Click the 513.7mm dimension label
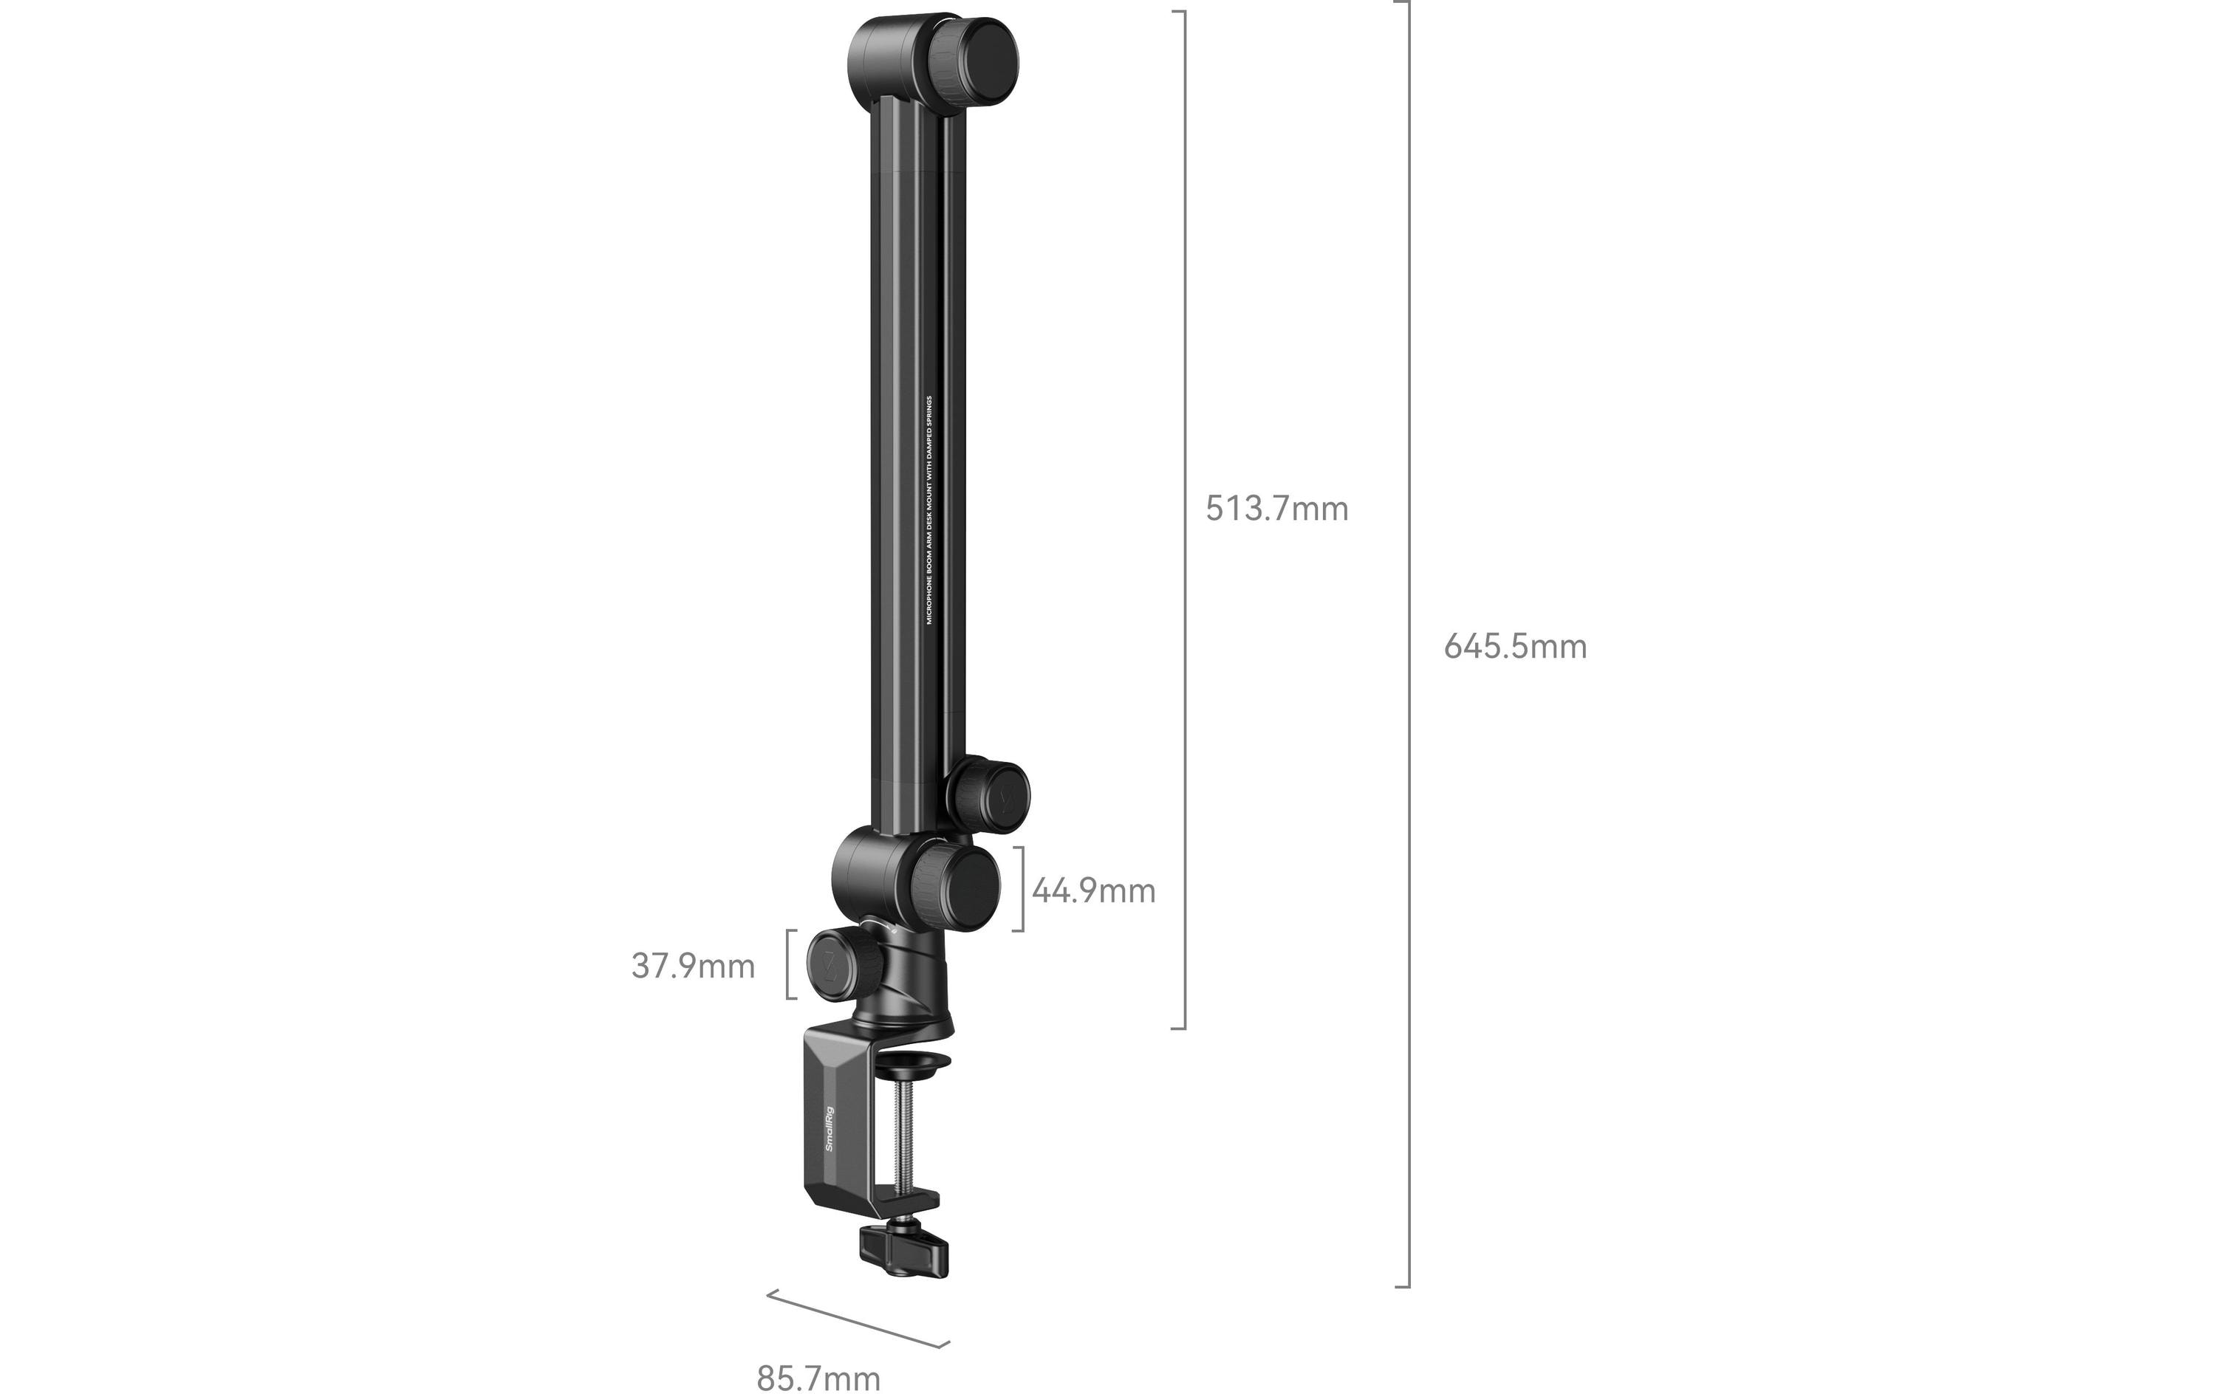(x=1276, y=509)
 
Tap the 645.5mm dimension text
(x=1515, y=647)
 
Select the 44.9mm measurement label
(x=1093, y=890)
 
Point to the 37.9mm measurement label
(x=693, y=966)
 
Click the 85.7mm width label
(x=818, y=1378)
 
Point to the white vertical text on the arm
(x=929, y=511)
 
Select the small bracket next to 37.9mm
(x=789, y=964)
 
